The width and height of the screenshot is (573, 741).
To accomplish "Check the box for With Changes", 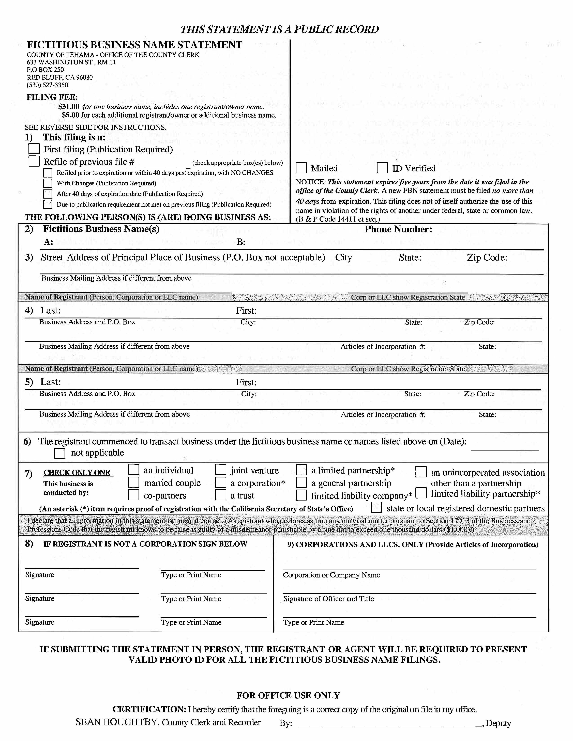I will (x=48, y=183).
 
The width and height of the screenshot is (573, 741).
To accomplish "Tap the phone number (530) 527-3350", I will (x=48, y=85).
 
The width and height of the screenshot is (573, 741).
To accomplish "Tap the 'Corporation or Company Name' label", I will (x=331, y=575).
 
